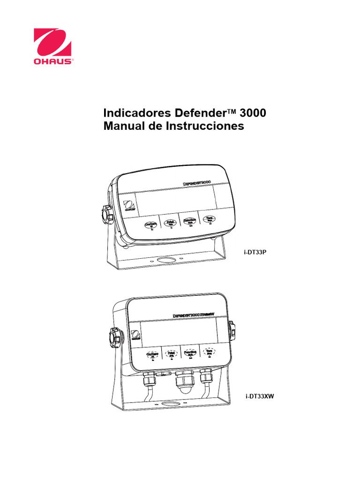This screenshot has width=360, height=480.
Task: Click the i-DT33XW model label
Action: [260, 396]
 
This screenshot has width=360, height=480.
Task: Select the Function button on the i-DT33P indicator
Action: [189, 220]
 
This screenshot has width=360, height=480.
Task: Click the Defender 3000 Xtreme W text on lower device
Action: [193, 315]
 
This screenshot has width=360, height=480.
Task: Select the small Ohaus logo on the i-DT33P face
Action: [129, 207]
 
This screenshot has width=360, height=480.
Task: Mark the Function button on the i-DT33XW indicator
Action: [189, 353]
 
